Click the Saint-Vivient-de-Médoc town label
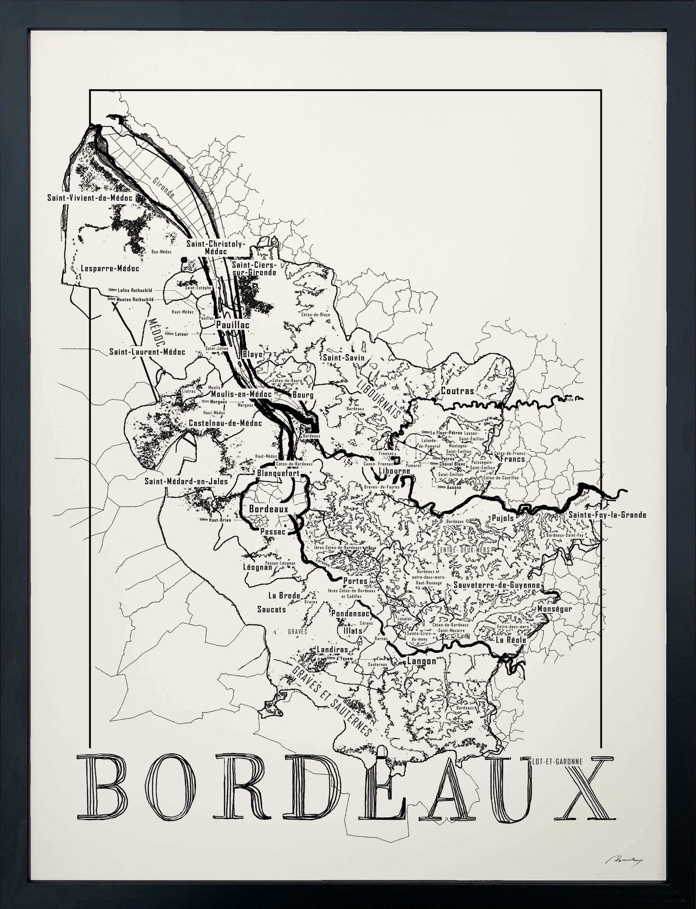coord(90,198)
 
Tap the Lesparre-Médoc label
coord(110,268)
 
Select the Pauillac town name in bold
coord(232,325)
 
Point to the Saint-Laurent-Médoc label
coord(147,352)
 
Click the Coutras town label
coord(458,391)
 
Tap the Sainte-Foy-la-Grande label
coord(607,515)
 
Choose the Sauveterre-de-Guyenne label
coord(497,585)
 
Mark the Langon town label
coord(421,661)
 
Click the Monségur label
coord(555,608)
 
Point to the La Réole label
coord(511,640)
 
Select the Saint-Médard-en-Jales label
coord(186,481)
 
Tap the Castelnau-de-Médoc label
coord(225,423)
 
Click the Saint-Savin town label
coord(343,358)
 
